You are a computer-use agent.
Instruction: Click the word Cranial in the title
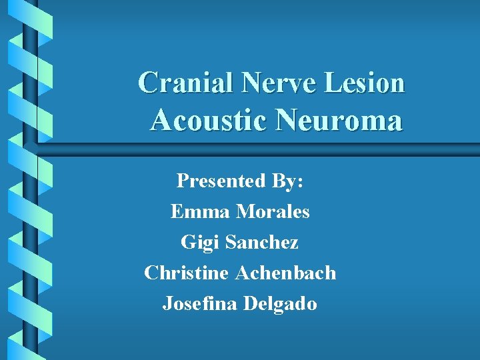[186, 83]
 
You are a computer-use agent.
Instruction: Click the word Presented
[221, 181]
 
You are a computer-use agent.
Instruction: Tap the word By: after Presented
[287, 181]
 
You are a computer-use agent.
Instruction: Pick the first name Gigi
[200, 243]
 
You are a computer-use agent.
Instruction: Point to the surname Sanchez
[262, 243]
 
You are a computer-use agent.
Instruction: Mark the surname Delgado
[280, 304]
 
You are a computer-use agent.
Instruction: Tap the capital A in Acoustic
[161, 121]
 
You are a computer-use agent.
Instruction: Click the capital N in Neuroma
[288, 121]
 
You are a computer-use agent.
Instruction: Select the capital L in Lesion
[332, 83]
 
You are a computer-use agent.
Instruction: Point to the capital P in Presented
[182, 181]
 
